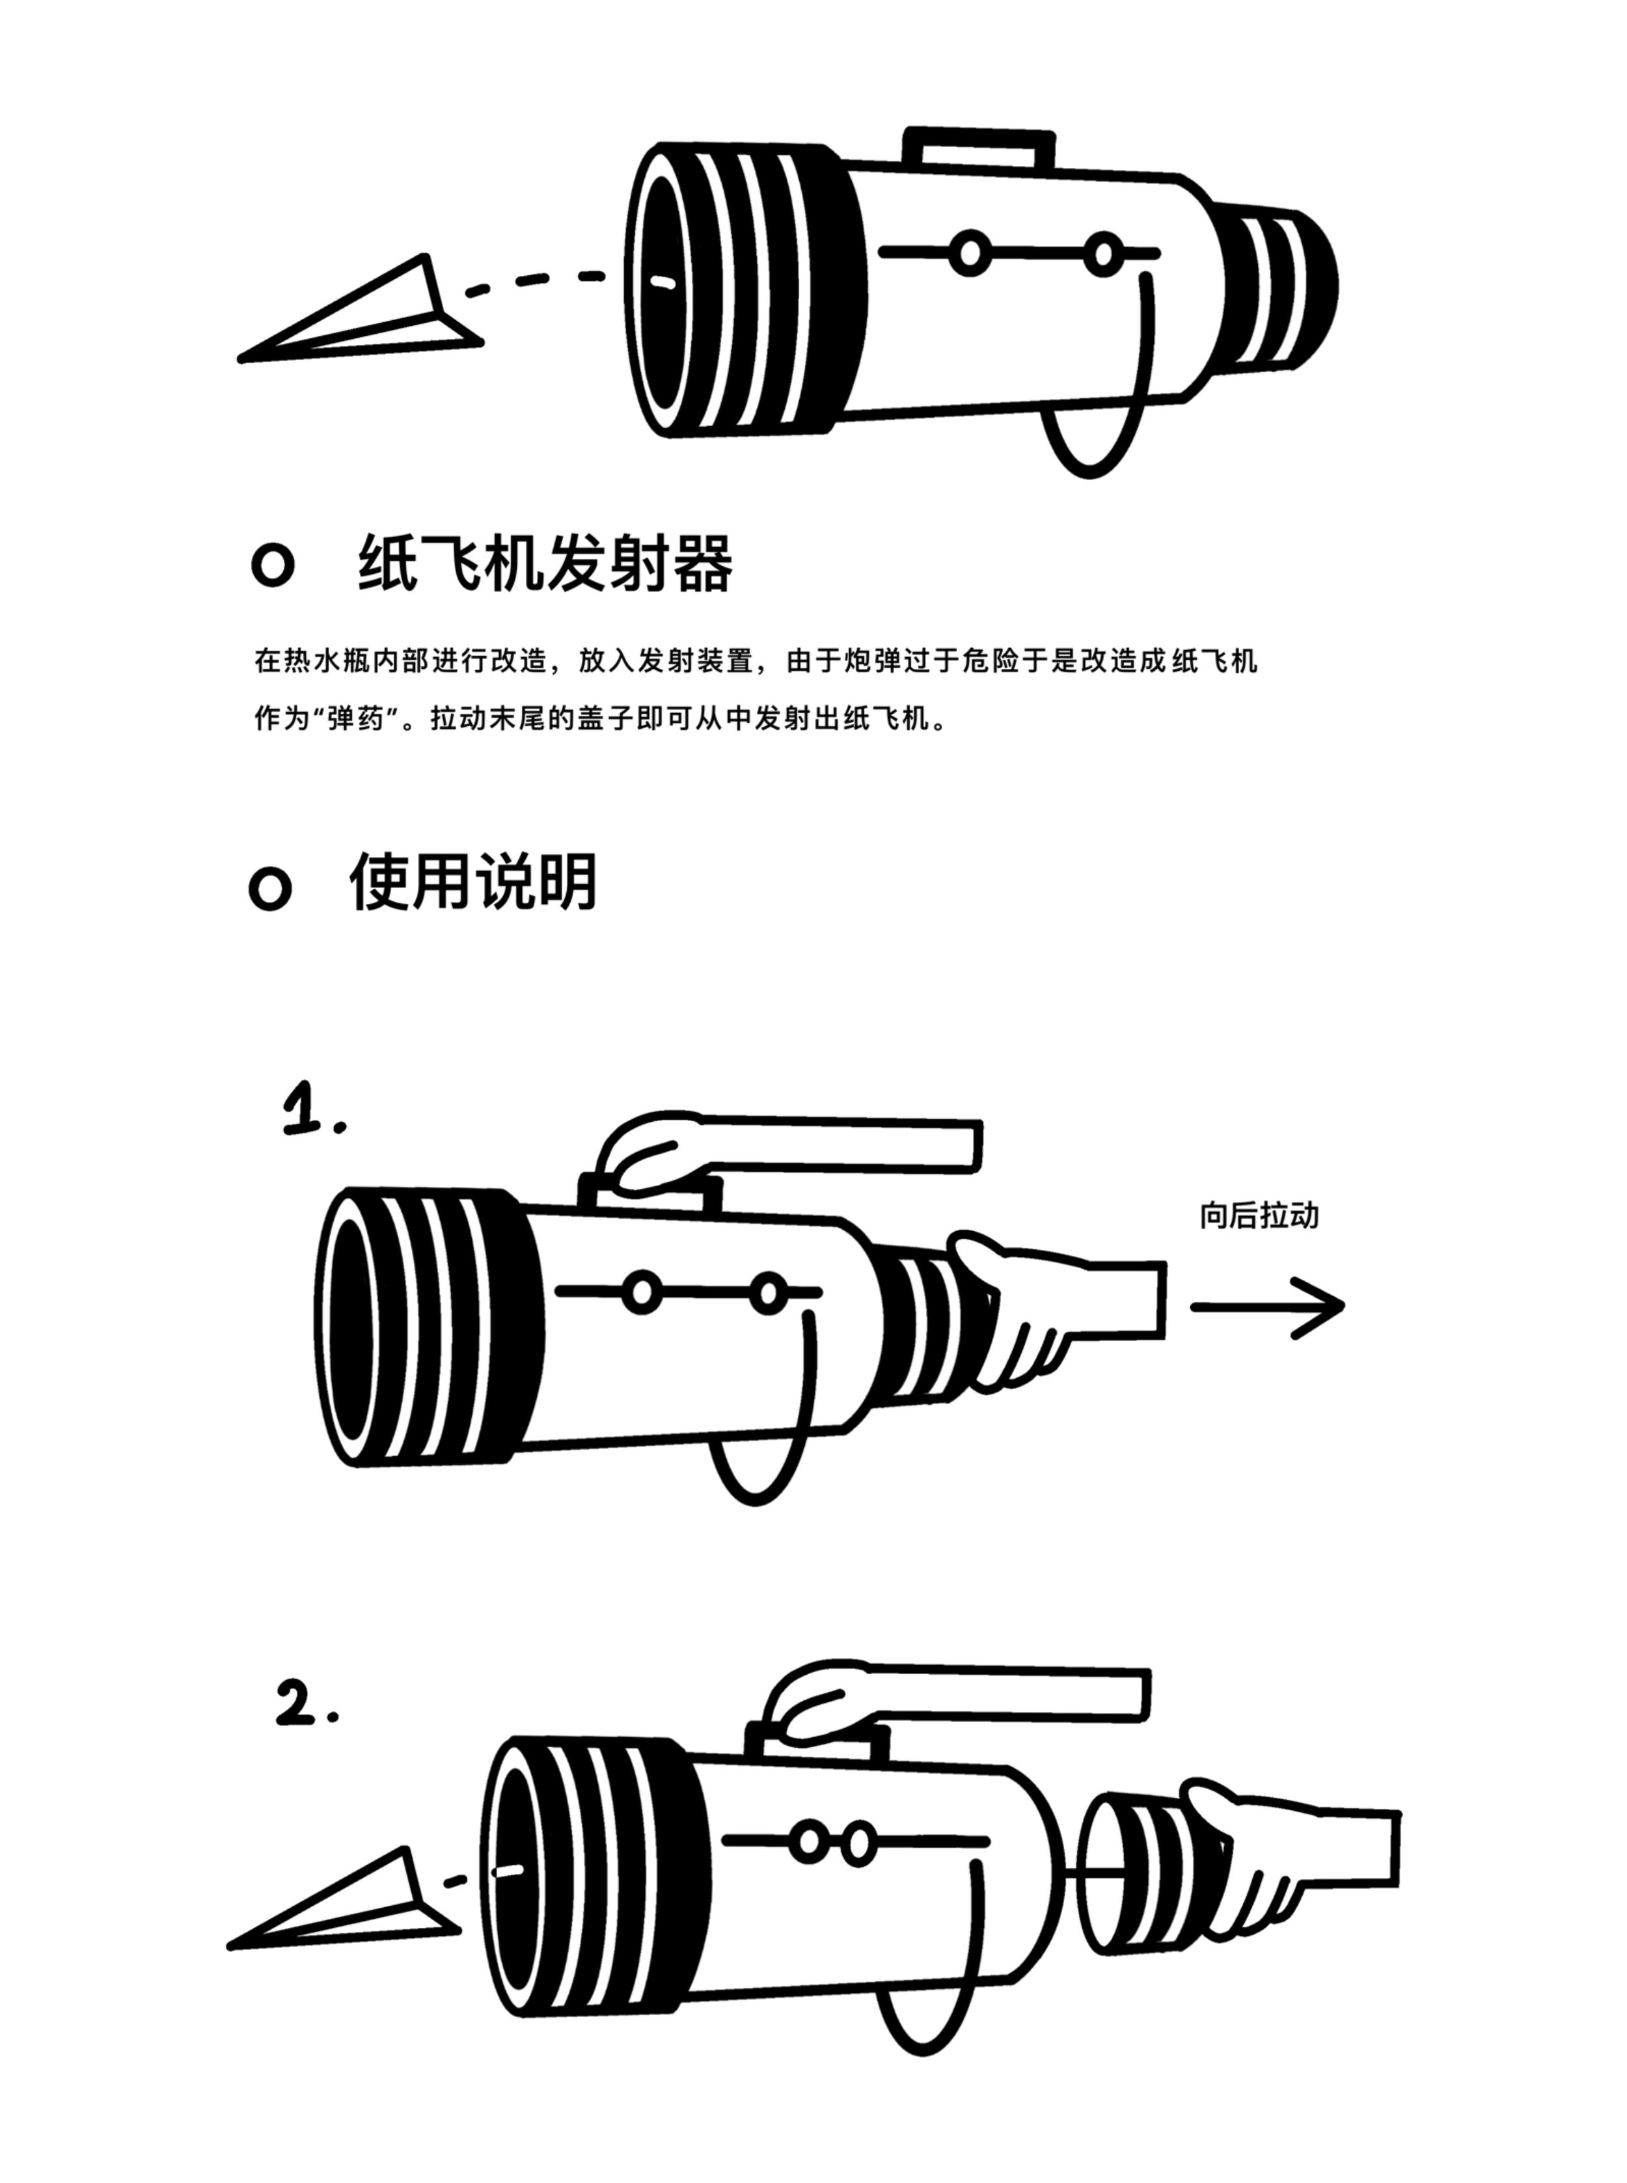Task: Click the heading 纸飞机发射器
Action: pos(545,563)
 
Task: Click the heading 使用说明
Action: pos(472,881)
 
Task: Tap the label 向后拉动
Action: pos(1259,1216)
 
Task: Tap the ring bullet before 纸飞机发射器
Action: pos(273,565)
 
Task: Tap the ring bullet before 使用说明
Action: pos(270,889)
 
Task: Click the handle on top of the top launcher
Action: pos(978,146)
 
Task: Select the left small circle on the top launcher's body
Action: pos(970,254)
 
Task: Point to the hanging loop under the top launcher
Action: pos(1093,443)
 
